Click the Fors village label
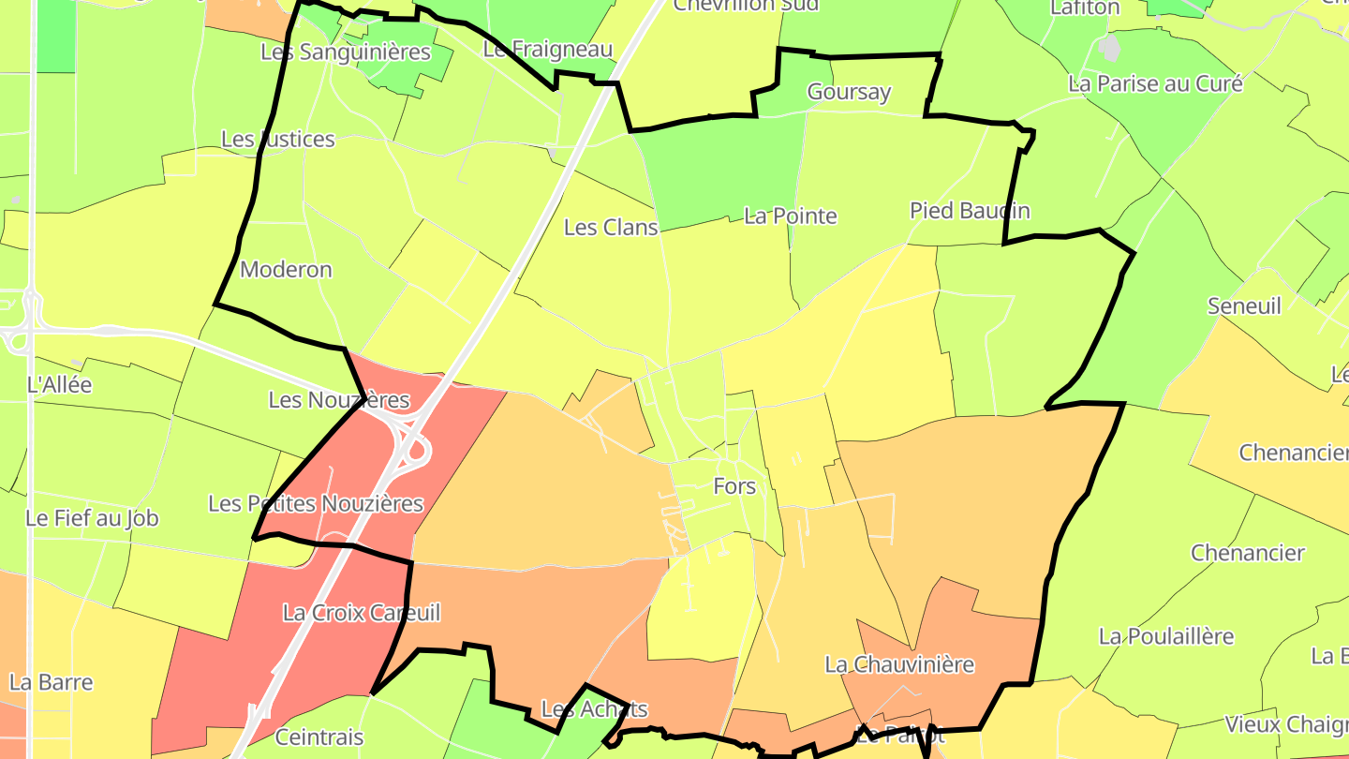734,486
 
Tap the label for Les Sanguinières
345,52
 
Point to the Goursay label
849,92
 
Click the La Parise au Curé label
1155,83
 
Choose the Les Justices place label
277,140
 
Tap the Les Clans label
611,227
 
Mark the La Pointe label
790,216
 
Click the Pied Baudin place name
970,211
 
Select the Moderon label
286,270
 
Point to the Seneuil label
1244,306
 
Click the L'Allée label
60,383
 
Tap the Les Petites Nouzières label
316,504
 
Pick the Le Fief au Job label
92,518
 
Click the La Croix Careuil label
361,613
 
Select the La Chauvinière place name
899,664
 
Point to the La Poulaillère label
1166,636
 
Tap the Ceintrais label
319,737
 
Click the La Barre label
51,681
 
